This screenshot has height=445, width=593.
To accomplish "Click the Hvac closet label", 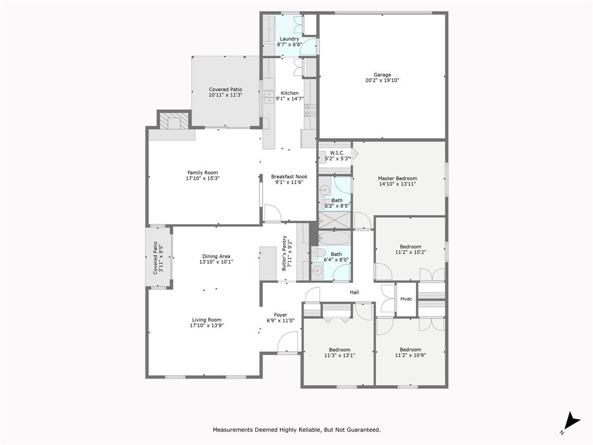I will tap(406, 299).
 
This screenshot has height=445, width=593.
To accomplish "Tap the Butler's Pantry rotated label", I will tap(285, 253).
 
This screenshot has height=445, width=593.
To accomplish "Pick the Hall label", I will tap(354, 293).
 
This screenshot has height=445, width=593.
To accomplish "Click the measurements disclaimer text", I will tap(296, 429).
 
